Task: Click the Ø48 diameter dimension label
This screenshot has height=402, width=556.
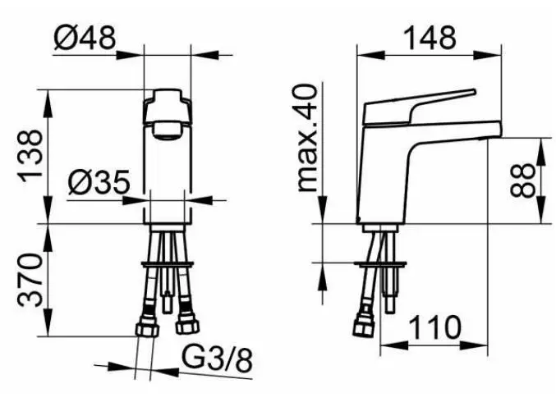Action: [x=85, y=38]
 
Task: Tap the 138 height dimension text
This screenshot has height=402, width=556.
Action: [x=31, y=156]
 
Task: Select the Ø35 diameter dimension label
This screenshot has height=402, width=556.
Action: [x=99, y=182]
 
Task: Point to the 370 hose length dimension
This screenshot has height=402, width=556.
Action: [x=31, y=280]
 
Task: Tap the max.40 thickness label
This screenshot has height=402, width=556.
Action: [x=307, y=138]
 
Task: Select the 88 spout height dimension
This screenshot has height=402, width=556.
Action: [x=522, y=180]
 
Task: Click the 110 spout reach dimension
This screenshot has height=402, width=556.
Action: [x=435, y=327]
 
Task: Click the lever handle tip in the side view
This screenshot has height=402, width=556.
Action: [x=473, y=91]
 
